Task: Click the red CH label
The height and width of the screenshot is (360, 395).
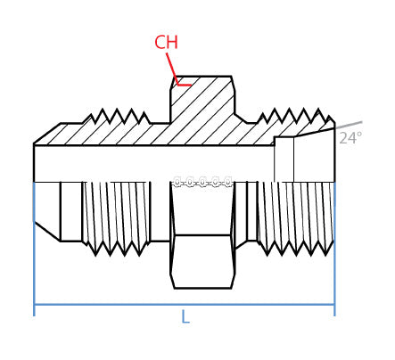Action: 166,43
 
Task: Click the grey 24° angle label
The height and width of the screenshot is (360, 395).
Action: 350,139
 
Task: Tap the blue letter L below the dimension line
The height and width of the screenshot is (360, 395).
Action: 185,317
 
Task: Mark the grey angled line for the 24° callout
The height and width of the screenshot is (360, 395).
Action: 348,126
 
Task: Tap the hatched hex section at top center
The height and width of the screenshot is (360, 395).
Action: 202,102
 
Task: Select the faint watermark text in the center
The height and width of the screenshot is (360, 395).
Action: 202,182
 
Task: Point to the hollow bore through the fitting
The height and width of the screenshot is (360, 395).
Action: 152,163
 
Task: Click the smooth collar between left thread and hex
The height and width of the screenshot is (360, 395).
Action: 160,211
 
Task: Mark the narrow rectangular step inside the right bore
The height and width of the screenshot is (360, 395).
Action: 284,160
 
